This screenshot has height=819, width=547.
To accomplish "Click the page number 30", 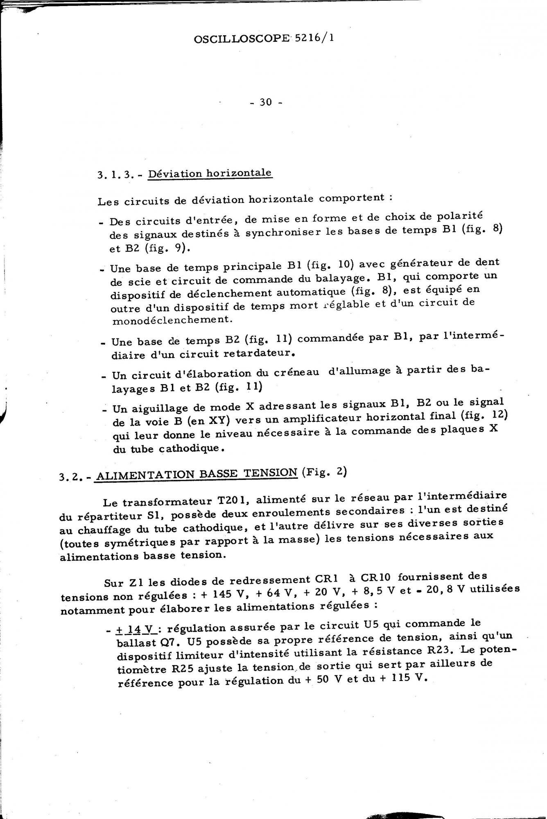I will tap(266, 102).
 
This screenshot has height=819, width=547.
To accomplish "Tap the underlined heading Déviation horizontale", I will tap(210, 173).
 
